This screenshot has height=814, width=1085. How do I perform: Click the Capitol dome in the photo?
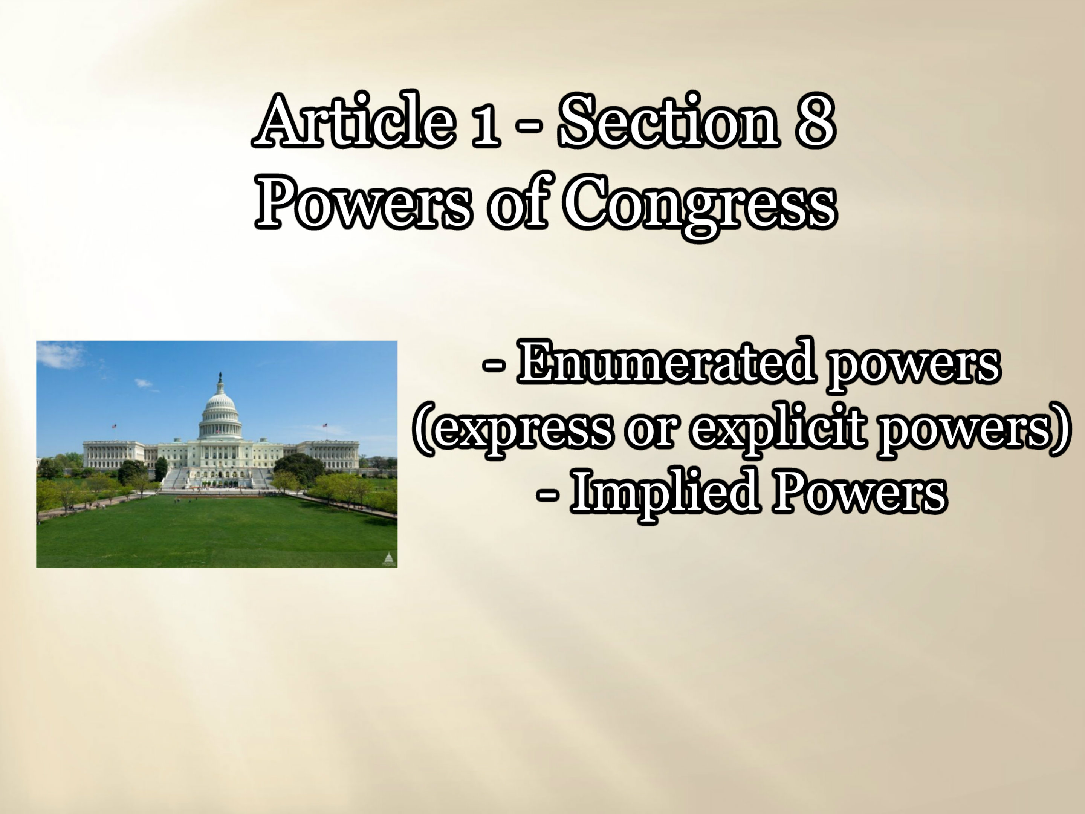(220, 415)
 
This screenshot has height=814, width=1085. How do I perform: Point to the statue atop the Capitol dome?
(220, 378)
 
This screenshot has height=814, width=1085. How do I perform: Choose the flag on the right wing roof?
(324, 425)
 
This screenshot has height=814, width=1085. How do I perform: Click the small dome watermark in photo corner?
(388, 559)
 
